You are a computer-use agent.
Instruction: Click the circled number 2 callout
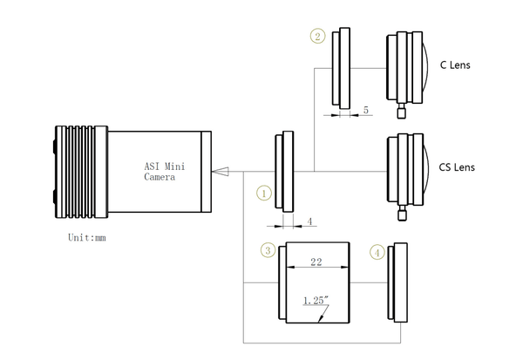point(316,37)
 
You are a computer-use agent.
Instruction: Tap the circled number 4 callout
point(377,252)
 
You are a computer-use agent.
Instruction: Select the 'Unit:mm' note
point(90,236)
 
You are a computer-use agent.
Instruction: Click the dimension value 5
point(366,111)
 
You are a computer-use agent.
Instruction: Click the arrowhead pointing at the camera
point(221,171)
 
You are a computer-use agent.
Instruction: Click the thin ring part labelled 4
point(400,281)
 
